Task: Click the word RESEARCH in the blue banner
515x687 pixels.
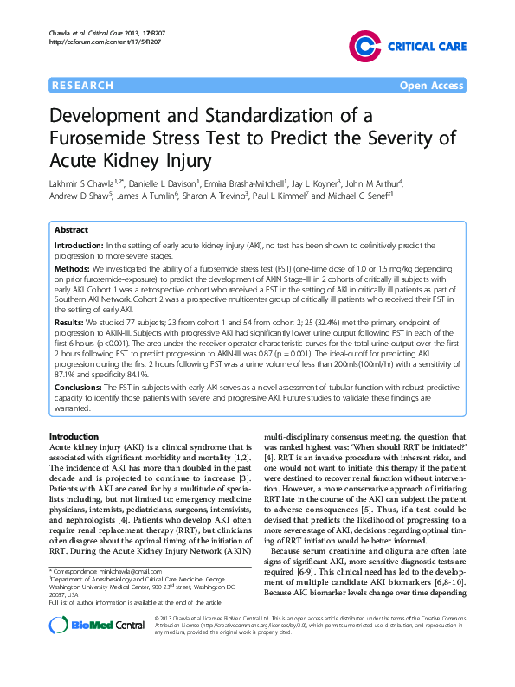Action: (83, 86)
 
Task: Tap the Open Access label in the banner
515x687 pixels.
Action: (432, 86)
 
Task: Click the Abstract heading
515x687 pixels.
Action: (71, 231)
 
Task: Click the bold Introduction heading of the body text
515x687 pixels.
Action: (74, 436)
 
